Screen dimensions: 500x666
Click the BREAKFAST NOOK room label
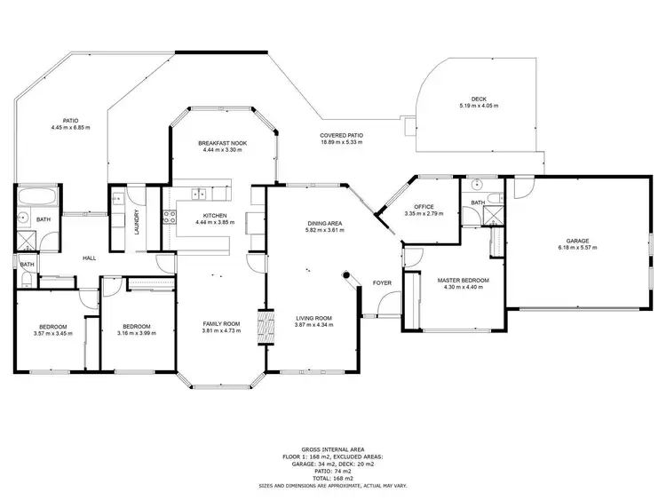click(x=223, y=143)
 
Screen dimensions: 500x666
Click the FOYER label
click(x=382, y=283)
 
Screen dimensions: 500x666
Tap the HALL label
click(x=90, y=258)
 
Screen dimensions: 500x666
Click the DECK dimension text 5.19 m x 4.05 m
click(x=479, y=106)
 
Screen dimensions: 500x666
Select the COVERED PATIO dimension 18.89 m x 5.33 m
click(x=342, y=142)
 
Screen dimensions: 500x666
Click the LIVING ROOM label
click(x=313, y=318)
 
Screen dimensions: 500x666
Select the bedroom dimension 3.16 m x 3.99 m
click(x=137, y=333)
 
